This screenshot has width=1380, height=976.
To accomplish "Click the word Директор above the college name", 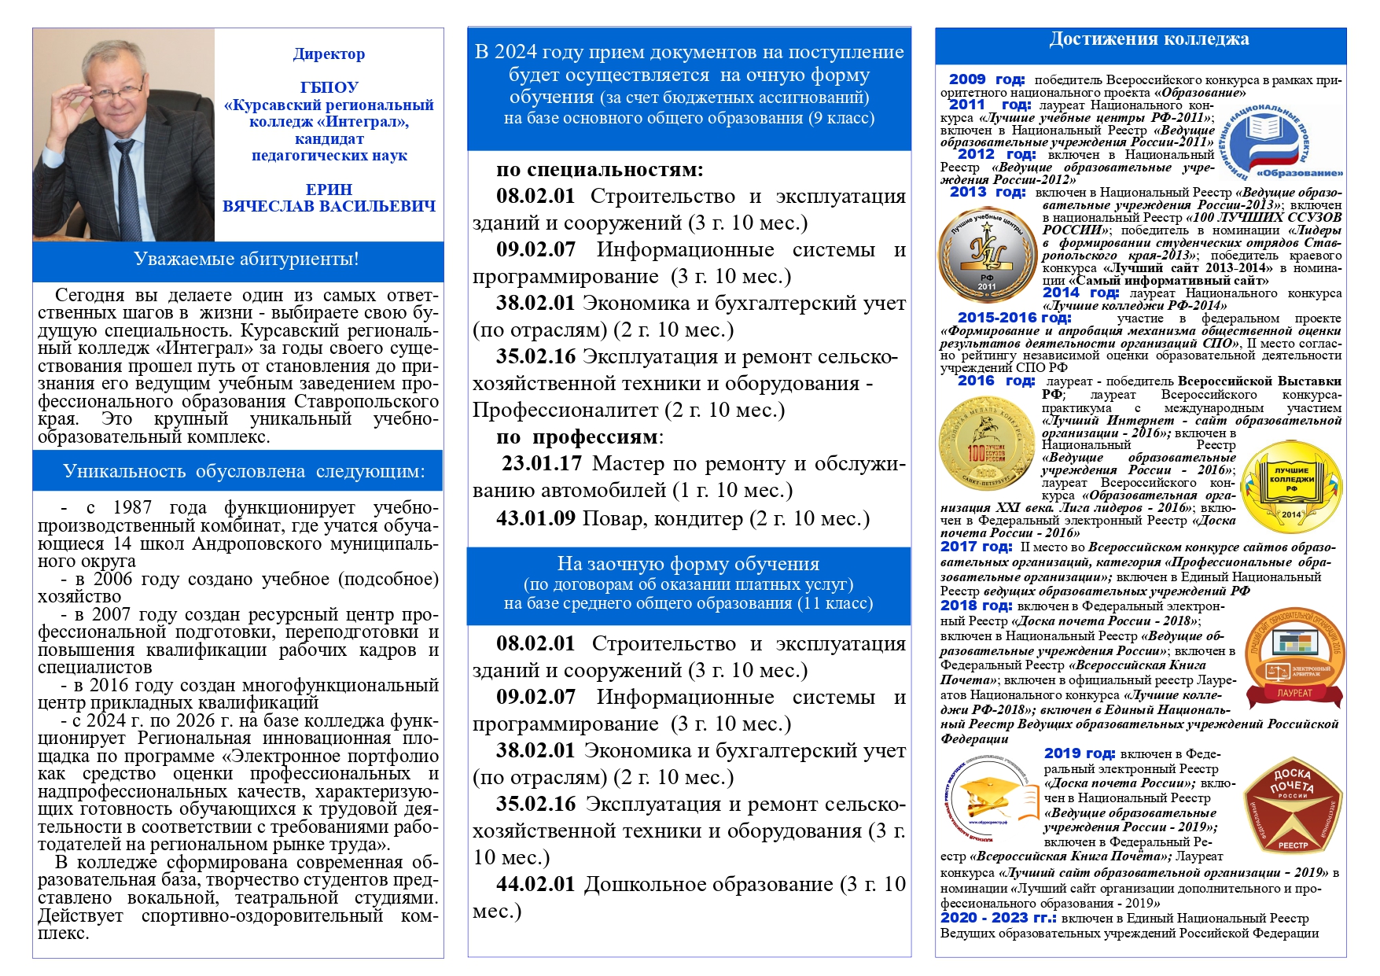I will [329, 54].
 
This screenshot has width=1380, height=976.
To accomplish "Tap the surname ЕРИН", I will [329, 190].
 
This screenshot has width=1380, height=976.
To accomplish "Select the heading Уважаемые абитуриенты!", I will [246, 260].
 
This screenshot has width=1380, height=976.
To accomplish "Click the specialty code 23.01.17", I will [542, 464].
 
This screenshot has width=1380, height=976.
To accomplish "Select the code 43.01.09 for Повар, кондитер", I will [535, 519].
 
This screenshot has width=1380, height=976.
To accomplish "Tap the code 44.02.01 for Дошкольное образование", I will [535, 885].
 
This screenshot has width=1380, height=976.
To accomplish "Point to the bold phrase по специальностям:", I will [599, 170].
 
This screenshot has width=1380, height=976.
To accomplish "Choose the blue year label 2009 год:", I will [986, 79].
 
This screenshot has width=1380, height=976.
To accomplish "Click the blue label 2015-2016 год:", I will [1014, 318].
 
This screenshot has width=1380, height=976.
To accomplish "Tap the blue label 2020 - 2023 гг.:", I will [999, 918].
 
